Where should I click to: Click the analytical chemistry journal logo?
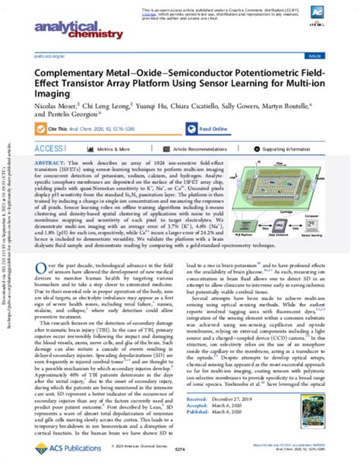[66, 29]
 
